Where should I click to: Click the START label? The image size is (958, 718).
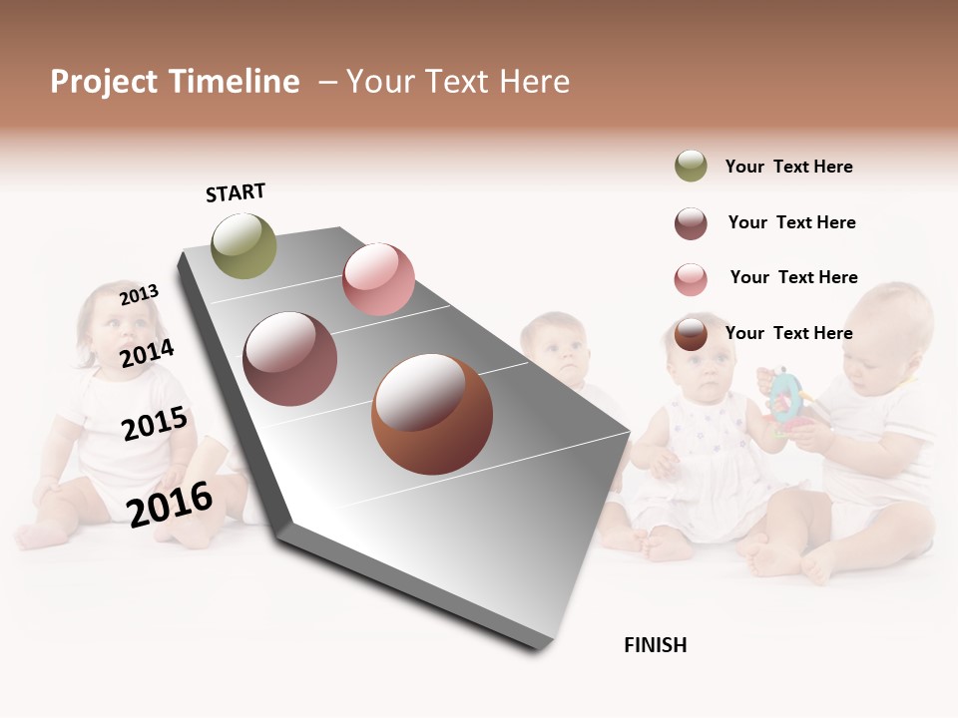[x=236, y=192]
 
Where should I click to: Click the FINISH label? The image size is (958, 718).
[x=655, y=645]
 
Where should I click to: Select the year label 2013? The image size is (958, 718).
[x=140, y=294]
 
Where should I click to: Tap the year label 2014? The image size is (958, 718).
[x=147, y=353]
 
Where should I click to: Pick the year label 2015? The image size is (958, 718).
[x=155, y=423]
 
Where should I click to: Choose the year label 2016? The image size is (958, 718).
[x=170, y=503]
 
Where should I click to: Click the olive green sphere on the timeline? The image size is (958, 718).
[x=244, y=246]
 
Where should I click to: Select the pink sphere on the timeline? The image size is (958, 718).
[x=378, y=279]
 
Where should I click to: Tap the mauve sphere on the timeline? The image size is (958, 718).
[x=290, y=359]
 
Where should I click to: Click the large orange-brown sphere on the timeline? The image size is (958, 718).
[x=432, y=414]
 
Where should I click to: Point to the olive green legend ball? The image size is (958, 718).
[x=691, y=167]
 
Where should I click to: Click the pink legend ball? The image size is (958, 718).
[x=691, y=278]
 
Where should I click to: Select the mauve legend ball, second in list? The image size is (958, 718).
[x=691, y=223]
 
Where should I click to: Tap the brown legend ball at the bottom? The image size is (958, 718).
[x=691, y=334]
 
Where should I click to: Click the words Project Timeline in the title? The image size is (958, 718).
[x=175, y=82]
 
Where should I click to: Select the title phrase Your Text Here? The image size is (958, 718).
[x=458, y=82]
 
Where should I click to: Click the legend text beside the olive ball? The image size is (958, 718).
[x=788, y=167]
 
